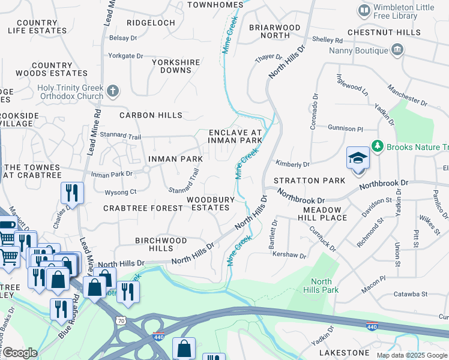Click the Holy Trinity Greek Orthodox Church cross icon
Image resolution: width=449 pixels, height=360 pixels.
[x=112, y=91]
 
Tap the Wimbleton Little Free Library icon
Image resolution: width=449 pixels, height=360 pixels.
[x=364, y=10]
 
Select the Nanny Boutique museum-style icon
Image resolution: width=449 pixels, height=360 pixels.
[x=397, y=50]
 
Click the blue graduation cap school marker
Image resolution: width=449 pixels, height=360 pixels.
[x=358, y=159]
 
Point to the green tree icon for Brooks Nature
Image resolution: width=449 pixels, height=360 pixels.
[x=377, y=146]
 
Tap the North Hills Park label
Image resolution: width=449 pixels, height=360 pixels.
[x=321, y=286]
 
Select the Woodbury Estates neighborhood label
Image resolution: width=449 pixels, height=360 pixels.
[x=208, y=203]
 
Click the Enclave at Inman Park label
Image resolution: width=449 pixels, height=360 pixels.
[x=235, y=136]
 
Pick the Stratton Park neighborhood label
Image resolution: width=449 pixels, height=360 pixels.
[x=309, y=181]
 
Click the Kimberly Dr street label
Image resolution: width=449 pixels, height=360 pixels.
[x=292, y=164]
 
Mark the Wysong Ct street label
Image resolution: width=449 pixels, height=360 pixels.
[x=121, y=193]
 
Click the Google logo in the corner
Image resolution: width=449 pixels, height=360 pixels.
[x=20, y=353]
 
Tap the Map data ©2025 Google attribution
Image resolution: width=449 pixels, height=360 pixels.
[x=412, y=355]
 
